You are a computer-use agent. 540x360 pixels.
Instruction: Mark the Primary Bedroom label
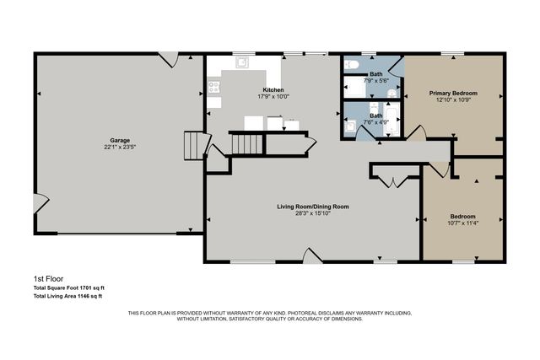tap(453, 93)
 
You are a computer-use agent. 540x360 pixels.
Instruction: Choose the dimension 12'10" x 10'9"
tap(453, 99)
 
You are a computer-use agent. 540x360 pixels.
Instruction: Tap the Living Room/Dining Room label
tap(313, 207)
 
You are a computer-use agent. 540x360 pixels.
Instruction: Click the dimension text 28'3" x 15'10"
tap(313, 213)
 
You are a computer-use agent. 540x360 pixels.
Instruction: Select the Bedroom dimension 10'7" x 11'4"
tap(462, 223)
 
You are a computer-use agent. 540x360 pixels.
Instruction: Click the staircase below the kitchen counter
tap(248, 145)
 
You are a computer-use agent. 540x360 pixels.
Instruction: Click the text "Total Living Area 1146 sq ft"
tap(67, 296)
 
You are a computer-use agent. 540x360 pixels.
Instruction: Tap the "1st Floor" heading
tap(48, 278)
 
